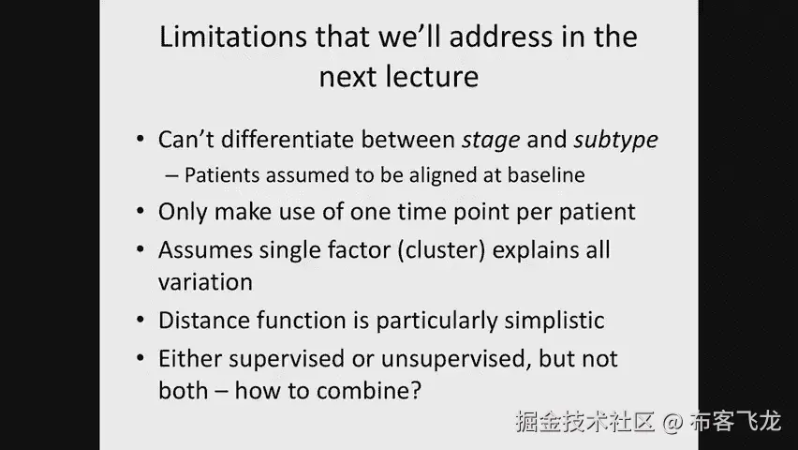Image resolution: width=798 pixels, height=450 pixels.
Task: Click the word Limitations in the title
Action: [x=233, y=37]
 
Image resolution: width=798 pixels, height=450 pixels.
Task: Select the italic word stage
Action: [x=491, y=140]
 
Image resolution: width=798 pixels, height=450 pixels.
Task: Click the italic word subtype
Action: [x=615, y=140]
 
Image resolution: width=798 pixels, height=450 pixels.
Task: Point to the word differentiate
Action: [x=288, y=139]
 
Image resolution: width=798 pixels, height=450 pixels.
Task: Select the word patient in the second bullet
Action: [x=597, y=212]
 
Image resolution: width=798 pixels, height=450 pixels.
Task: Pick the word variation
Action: [x=205, y=282]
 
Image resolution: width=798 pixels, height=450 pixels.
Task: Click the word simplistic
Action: [x=554, y=321]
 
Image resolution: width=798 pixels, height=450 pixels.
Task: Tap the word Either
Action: [x=190, y=359]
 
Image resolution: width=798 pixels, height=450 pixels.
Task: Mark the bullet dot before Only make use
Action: [x=140, y=212]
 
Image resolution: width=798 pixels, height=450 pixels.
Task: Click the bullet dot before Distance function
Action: [x=140, y=320]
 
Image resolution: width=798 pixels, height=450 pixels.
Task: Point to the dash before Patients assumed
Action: [x=171, y=176]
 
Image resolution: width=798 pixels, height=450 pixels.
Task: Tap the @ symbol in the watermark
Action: [x=672, y=423]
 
